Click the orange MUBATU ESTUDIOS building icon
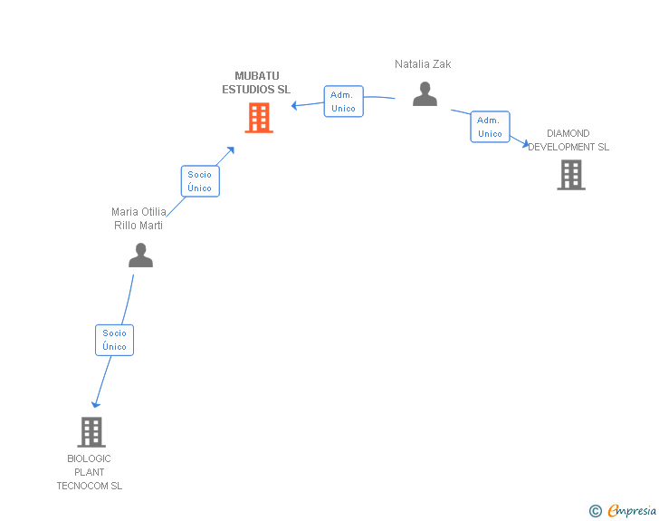pyautogui.click(x=259, y=118)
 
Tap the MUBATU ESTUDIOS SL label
pyautogui.click(x=256, y=82)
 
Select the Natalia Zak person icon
pyautogui.click(x=425, y=94)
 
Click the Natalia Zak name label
pyautogui.click(x=423, y=64)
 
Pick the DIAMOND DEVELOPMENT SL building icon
pyautogui.click(x=571, y=175)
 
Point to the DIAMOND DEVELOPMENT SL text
pyautogui.click(x=568, y=140)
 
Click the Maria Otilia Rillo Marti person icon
pyautogui.click(x=141, y=255)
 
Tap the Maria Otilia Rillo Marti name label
pyautogui.click(x=138, y=218)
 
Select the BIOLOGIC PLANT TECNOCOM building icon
pyautogui.click(x=91, y=432)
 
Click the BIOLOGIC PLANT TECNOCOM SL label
pyautogui.click(x=90, y=472)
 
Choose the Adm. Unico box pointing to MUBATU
pyautogui.click(x=344, y=101)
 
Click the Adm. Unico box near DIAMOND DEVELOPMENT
pyautogui.click(x=490, y=127)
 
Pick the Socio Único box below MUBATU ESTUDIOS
pyautogui.click(x=200, y=181)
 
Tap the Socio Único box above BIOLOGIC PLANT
pyautogui.click(x=114, y=340)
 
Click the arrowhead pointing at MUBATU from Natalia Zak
pyautogui.click(x=294, y=105)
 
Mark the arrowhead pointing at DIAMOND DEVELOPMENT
pyautogui.click(x=525, y=144)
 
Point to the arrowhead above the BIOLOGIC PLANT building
pyautogui.click(x=96, y=405)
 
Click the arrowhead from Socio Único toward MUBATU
pyautogui.click(x=230, y=150)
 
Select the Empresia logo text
pyautogui.click(x=632, y=510)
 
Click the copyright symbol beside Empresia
pyautogui.click(x=596, y=511)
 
